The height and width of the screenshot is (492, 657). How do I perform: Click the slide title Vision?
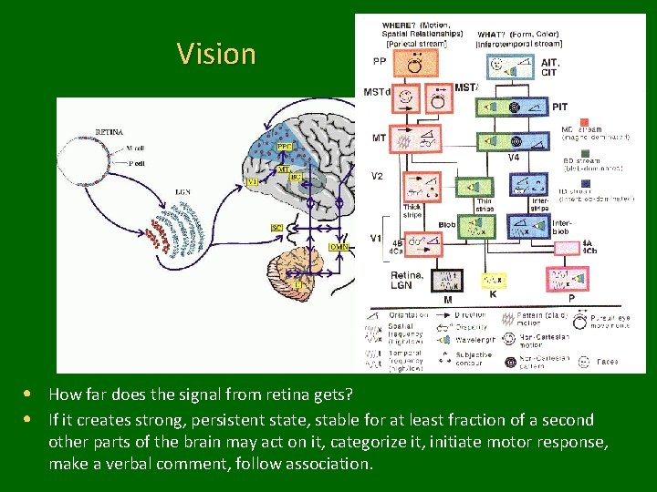click(216, 54)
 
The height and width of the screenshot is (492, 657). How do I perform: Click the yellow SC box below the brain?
click(276, 227)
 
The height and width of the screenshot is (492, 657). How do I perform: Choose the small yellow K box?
click(493, 280)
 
